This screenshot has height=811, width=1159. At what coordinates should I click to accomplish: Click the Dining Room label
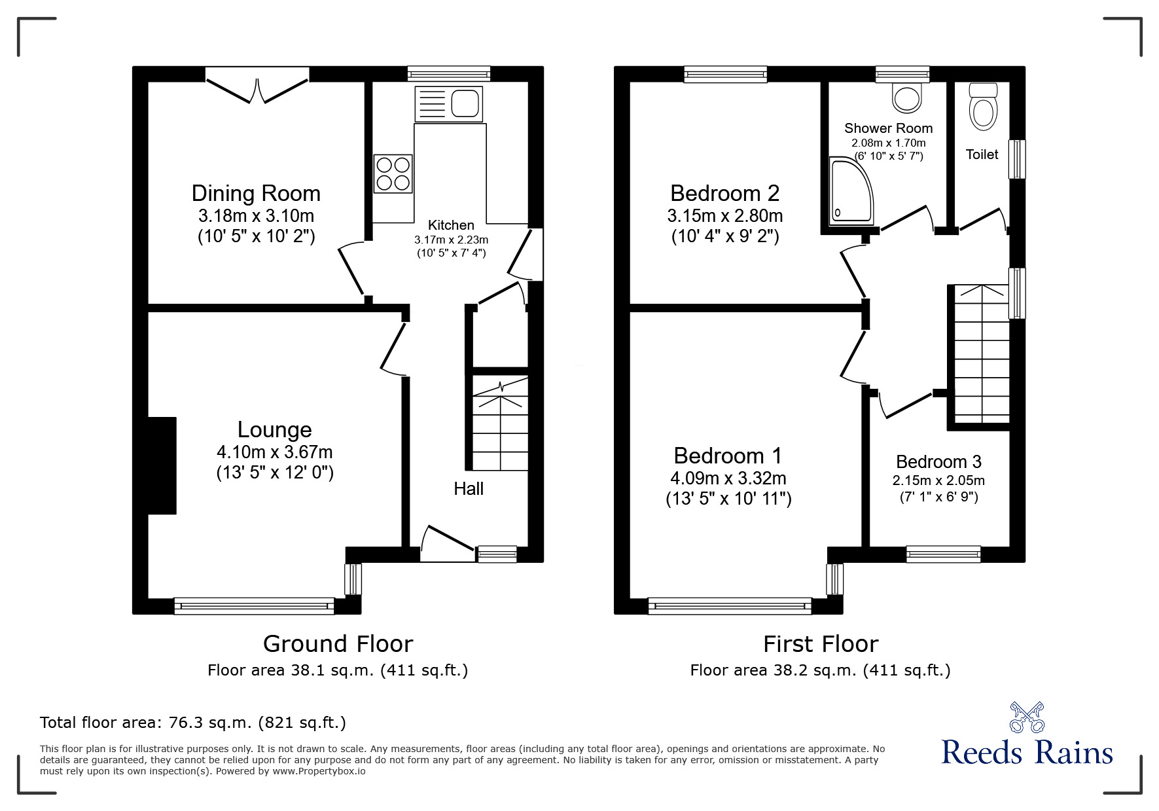click(256, 194)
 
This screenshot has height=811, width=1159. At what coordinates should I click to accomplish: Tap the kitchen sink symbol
click(448, 103)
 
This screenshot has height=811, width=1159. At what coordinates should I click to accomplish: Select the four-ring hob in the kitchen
click(393, 173)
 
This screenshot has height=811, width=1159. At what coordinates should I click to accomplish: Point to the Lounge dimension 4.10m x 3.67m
click(274, 452)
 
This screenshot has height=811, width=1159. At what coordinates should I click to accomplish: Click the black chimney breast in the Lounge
click(162, 465)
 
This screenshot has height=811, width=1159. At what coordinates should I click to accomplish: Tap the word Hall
click(469, 489)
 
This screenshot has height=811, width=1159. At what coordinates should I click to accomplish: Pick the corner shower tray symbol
click(849, 190)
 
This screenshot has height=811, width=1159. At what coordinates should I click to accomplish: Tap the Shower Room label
click(888, 128)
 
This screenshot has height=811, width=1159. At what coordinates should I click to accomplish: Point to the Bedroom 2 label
click(724, 194)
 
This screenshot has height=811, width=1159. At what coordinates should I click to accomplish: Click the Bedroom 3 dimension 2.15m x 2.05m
click(938, 480)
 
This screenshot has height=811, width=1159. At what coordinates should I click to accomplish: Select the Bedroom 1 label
click(728, 456)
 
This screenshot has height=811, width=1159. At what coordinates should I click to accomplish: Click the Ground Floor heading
click(338, 644)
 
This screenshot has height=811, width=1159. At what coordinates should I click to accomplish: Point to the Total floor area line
click(193, 723)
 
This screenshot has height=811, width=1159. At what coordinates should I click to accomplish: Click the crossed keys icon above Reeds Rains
click(1027, 717)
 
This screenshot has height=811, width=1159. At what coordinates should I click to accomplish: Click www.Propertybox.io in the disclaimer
click(319, 772)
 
